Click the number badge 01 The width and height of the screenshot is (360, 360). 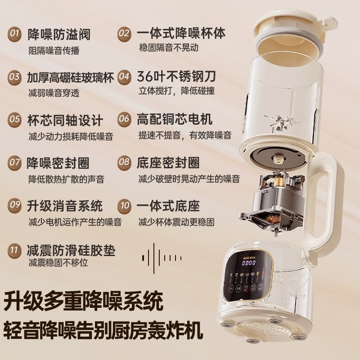(15, 34)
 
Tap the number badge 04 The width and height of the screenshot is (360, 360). (125, 76)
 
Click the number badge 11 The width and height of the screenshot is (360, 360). (15, 249)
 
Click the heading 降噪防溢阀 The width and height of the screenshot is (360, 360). (58, 34)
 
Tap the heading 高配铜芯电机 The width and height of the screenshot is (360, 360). (175, 119)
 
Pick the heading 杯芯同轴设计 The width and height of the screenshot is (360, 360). (65, 121)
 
